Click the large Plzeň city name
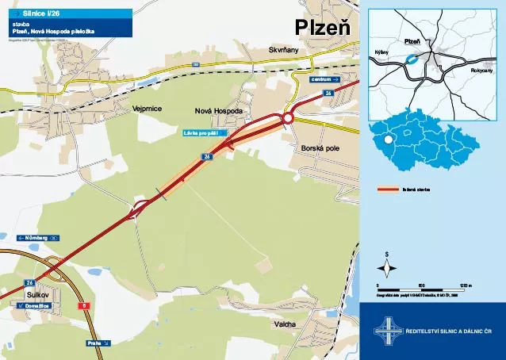click(x=323, y=26)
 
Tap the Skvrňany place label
click(x=284, y=50)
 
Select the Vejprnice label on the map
click(x=148, y=108)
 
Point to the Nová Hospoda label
click(x=218, y=112)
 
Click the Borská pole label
click(x=320, y=148)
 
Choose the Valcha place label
click(x=285, y=324)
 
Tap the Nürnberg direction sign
click(x=38, y=238)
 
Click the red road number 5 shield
click(x=85, y=305)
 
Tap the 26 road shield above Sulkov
click(x=30, y=282)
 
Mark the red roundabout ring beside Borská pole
click(x=288, y=118)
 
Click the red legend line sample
click(x=386, y=190)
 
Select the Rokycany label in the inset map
click(x=481, y=71)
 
